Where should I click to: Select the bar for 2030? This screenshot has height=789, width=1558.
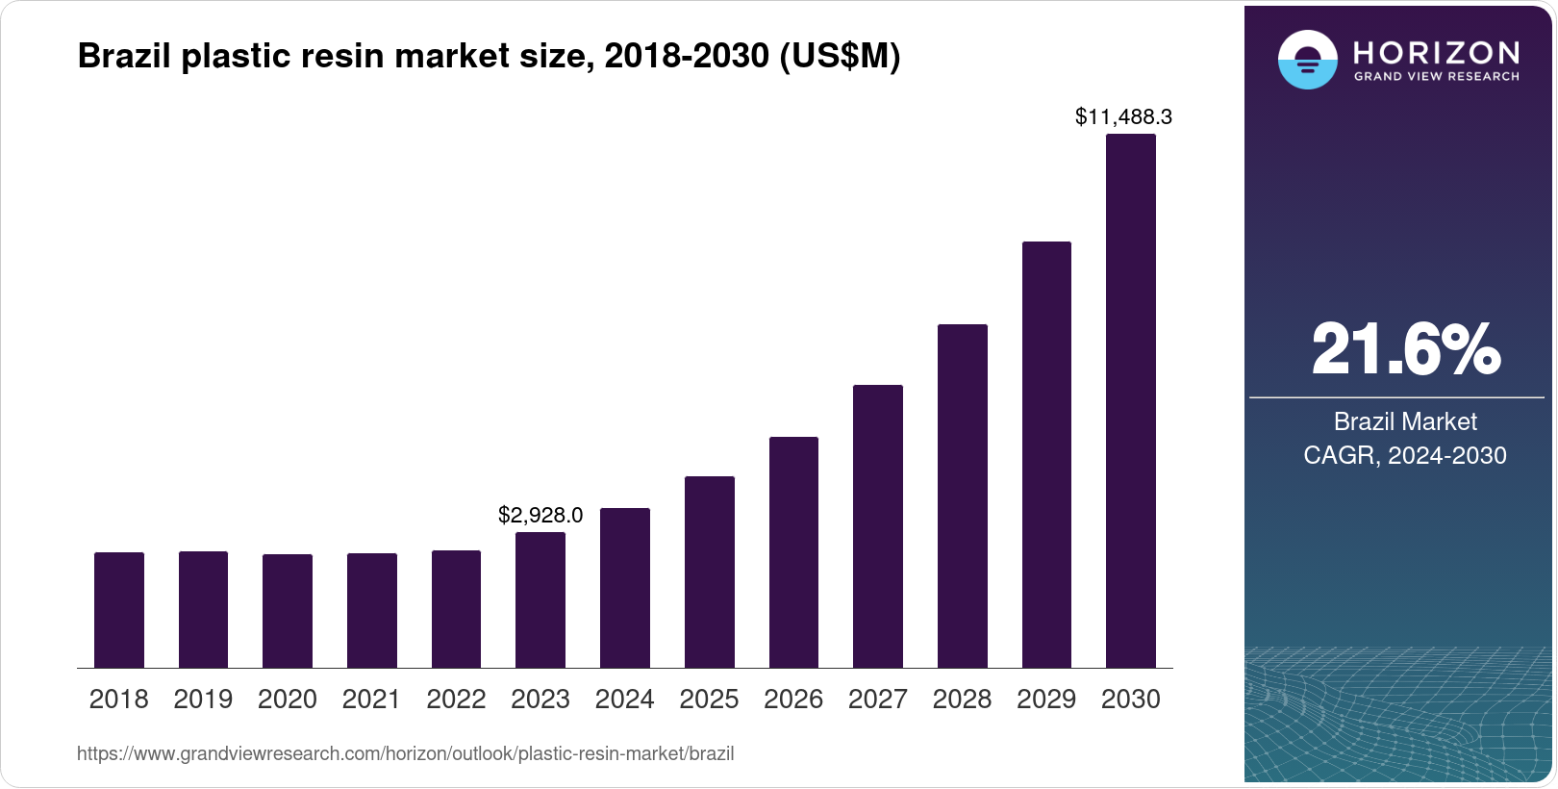point(1130,401)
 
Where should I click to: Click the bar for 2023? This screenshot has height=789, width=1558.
point(540,600)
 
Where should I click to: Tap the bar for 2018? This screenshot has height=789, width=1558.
point(119,610)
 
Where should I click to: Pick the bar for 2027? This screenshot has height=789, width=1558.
point(877,526)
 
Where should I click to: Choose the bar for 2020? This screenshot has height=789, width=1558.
point(288,611)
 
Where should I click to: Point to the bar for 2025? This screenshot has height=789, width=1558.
point(709,573)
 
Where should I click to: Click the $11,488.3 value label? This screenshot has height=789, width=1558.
point(1123,117)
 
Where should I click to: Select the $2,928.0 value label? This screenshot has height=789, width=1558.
point(540,516)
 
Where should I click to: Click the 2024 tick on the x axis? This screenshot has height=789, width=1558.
point(624,700)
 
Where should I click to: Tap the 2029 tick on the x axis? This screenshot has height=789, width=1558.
point(1046,700)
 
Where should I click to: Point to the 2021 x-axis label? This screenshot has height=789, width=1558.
point(371,700)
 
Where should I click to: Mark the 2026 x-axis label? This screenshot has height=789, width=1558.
point(793,700)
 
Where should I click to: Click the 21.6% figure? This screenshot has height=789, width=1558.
point(1405,349)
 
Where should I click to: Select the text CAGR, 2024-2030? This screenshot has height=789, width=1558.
point(1405,455)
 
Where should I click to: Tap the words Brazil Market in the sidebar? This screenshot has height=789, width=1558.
point(1405,421)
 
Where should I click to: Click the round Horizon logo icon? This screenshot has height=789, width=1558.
point(1307,60)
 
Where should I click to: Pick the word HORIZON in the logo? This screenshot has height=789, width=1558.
point(1436,52)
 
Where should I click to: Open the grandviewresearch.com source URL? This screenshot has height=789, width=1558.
point(405,754)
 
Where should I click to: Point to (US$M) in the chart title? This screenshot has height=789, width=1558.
point(840,56)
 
